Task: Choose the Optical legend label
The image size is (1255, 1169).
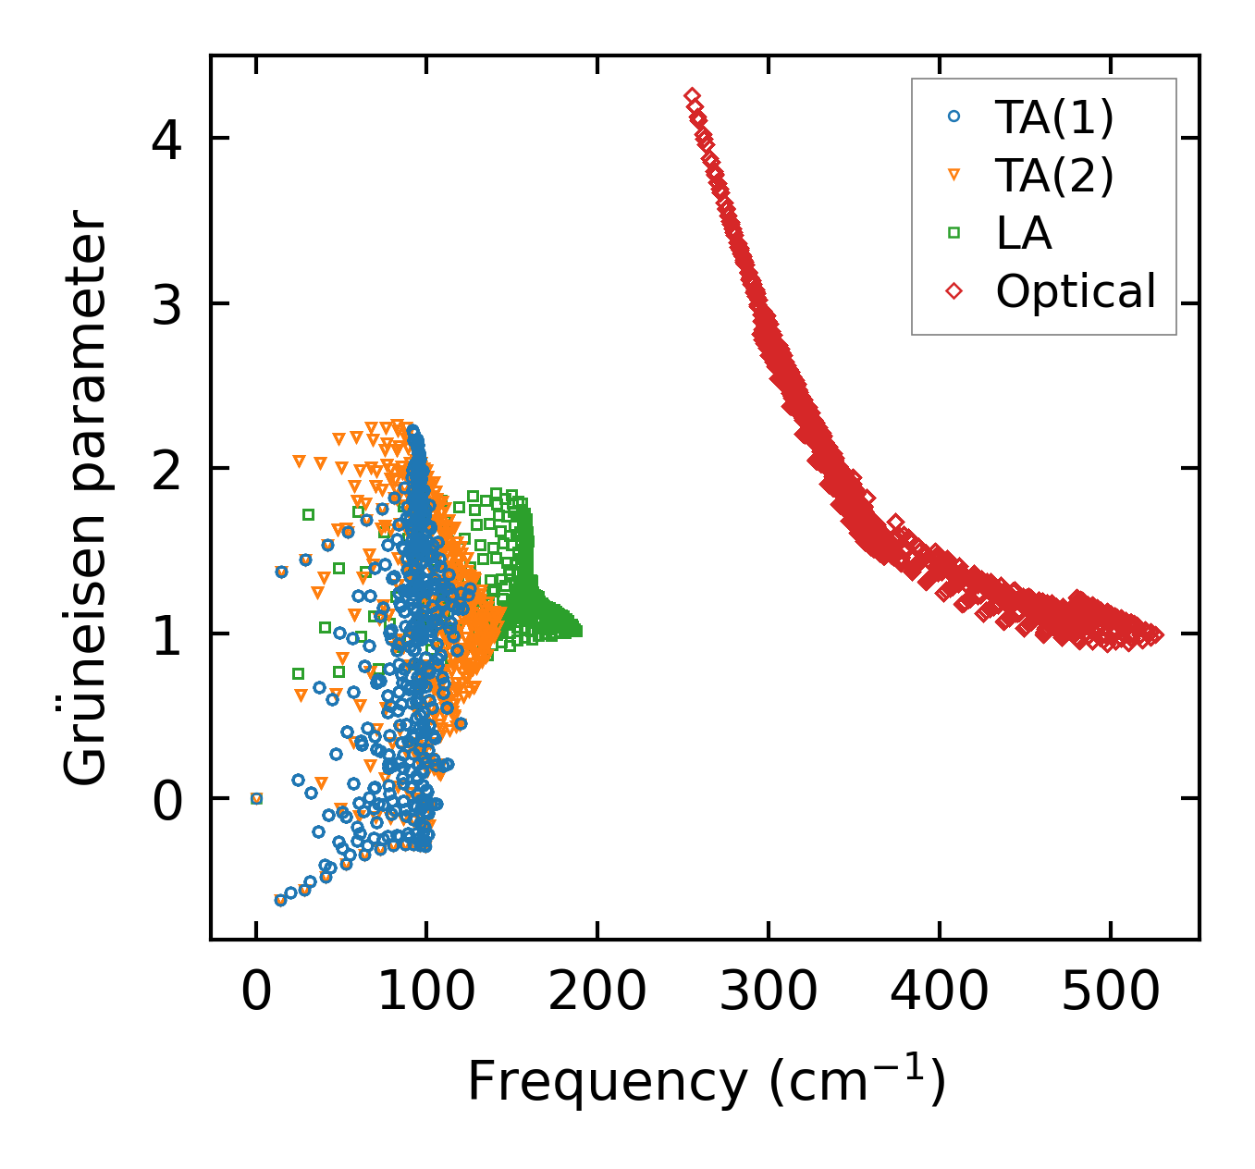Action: [x=1076, y=291]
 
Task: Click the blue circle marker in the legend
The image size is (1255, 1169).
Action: [x=954, y=117]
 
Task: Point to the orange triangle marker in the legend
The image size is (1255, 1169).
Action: [x=954, y=175]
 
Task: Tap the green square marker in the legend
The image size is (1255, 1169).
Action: [x=954, y=233]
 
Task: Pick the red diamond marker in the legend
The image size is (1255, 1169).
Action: [x=954, y=291]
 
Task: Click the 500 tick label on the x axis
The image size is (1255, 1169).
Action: [x=1110, y=992]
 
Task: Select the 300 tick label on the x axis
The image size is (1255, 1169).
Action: [x=769, y=992]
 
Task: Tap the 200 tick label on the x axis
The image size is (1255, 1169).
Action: [x=597, y=992]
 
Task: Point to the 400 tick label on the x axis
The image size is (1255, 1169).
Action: [x=940, y=992]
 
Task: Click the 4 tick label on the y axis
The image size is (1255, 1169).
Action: [x=167, y=139]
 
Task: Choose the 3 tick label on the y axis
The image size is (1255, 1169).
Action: [x=167, y=303]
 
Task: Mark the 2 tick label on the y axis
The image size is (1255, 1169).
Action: [x=167, y=468]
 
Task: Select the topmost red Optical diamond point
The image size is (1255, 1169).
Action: [x=692, y=96]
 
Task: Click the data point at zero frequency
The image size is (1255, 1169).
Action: [x=256, y=798]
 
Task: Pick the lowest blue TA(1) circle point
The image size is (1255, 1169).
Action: [x=280, y=900]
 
